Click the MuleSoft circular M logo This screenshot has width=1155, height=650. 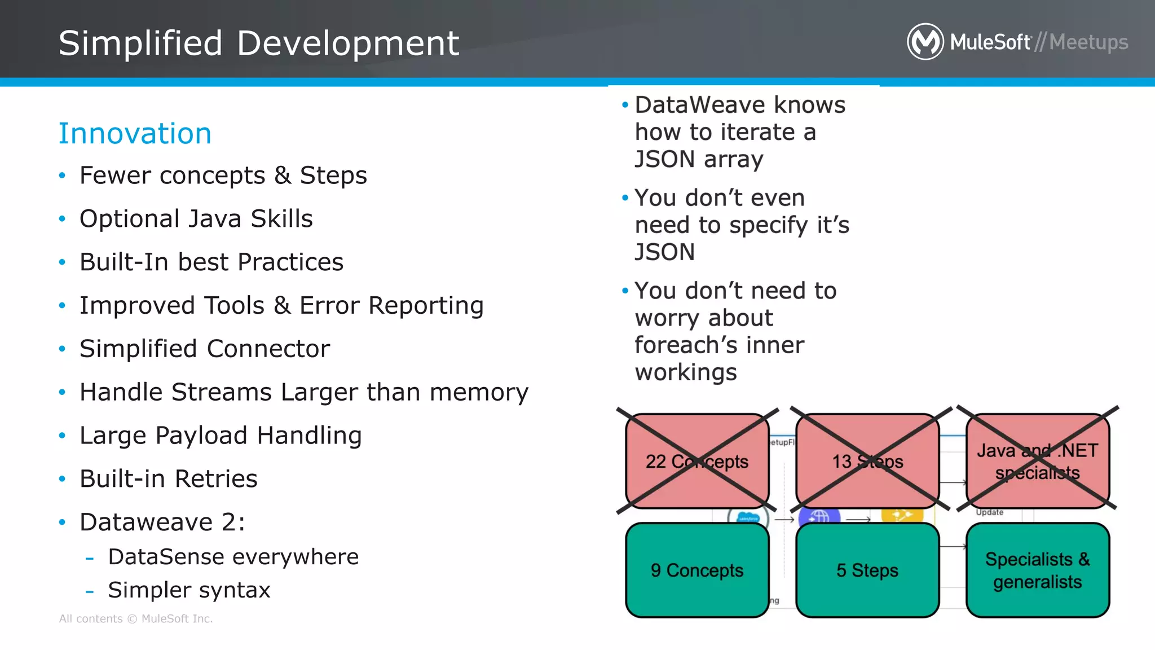(925, 42)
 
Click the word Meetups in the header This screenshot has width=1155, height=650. (1088, 42)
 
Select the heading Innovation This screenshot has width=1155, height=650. (135, 134)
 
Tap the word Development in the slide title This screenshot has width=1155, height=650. (348, 43)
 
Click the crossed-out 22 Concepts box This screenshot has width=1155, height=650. (697, 461)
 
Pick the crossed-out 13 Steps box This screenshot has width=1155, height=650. (867, 461)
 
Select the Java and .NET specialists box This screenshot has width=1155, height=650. (1037, 461)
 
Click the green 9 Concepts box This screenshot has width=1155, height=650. (697, 570)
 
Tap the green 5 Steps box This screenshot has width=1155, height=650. (867, 570)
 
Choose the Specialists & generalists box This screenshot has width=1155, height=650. (1037, 570)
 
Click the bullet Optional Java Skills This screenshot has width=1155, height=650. (196, 219)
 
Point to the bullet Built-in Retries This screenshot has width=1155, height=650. (168, 478)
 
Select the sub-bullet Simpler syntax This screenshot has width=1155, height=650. (189, 590)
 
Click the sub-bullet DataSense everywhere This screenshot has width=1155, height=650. (233, 557)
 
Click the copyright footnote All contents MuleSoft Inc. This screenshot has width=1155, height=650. (136, 619)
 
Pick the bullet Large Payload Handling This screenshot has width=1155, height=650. (221, 436)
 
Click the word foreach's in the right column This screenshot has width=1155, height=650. (719, 345)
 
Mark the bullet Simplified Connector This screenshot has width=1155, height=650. (204, 349)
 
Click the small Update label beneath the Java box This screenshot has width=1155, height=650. (990, 512)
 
